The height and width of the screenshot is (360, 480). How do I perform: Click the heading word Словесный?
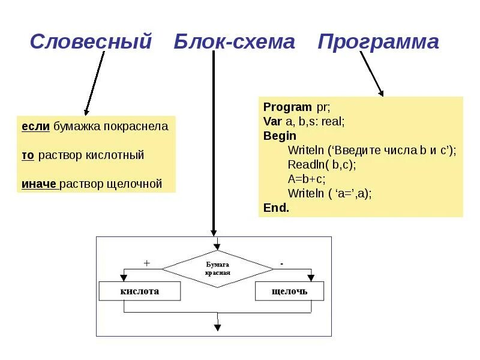click(91, 42)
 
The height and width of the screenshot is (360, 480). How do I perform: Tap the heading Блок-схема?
click(235, 42)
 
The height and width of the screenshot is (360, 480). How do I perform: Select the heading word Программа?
click(379, 42)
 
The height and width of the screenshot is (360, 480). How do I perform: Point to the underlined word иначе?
click(40, 184)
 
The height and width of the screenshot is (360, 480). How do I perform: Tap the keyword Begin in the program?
click(280, 136)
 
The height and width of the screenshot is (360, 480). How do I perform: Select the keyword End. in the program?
click(276, 208)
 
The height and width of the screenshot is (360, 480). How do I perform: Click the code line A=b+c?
click(308, 179)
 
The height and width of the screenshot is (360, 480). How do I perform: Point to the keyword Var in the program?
click(273, 122)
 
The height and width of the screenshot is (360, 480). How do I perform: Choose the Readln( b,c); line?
click(322, 164)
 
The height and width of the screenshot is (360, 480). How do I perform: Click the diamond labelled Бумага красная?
click(218, 268)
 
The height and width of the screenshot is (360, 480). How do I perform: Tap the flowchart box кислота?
click(140, 291)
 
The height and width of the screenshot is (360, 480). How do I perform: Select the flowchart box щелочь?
click(289, 291)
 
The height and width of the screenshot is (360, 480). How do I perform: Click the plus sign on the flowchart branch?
click(146, 263)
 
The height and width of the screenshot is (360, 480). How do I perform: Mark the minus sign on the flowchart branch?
click(281, 263)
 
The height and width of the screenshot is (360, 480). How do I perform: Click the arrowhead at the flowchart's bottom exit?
click(218, 328)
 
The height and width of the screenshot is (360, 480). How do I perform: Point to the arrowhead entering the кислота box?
click(124, 278)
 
